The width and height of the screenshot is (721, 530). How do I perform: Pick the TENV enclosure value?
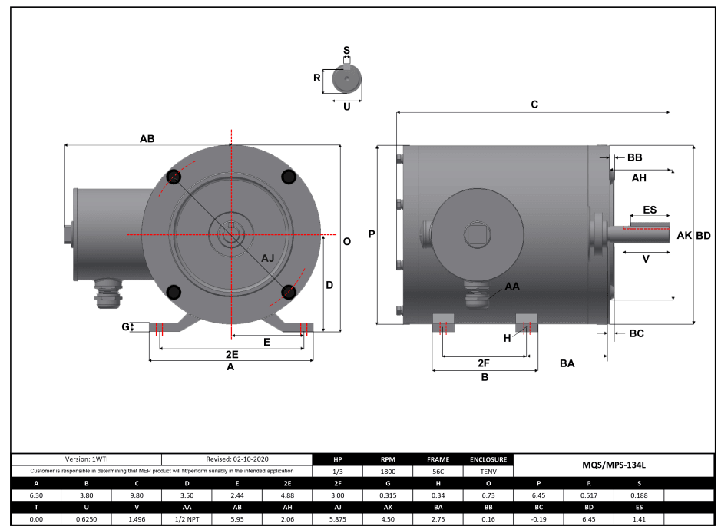pyautogui.click(x=488, y=472)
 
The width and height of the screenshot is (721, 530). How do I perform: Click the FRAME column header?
pyautogui.click(x=438, y=459)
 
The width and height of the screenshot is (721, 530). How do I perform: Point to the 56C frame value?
pyautogui.click(x=438, y=472)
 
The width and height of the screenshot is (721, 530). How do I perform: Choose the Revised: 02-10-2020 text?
pyautogui.click(x=237, y=459)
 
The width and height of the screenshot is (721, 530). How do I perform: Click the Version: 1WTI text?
pyautogui.click(x=86, y=459)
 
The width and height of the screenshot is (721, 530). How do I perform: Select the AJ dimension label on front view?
pyautogui.click(x=268, y=258)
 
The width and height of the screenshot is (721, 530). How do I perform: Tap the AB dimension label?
pyautogui.click(x=147, y=139)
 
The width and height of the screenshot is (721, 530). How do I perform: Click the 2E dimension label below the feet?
pyautogui.click(x=231, y=354)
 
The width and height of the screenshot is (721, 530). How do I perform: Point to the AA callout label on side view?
pyautogui.click(x=512, y=286)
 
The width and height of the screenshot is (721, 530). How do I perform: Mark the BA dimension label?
pyautogui.click(x=567, y=363)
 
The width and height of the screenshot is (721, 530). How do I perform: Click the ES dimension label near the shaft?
pyautogui.click(x=650, y=210)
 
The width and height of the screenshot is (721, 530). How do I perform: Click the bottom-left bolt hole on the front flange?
pyautogui.click(x=174, y=291)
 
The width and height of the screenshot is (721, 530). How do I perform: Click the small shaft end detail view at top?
pyautogui.click(x=346, y=79)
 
